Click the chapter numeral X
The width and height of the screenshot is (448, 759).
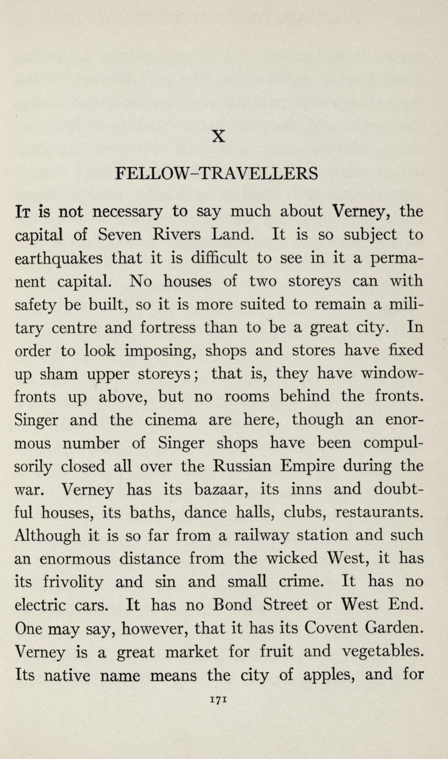tap(218, 136)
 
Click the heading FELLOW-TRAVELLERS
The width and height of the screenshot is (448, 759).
tap(217, 173)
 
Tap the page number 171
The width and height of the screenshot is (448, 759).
tap(218, 698)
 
